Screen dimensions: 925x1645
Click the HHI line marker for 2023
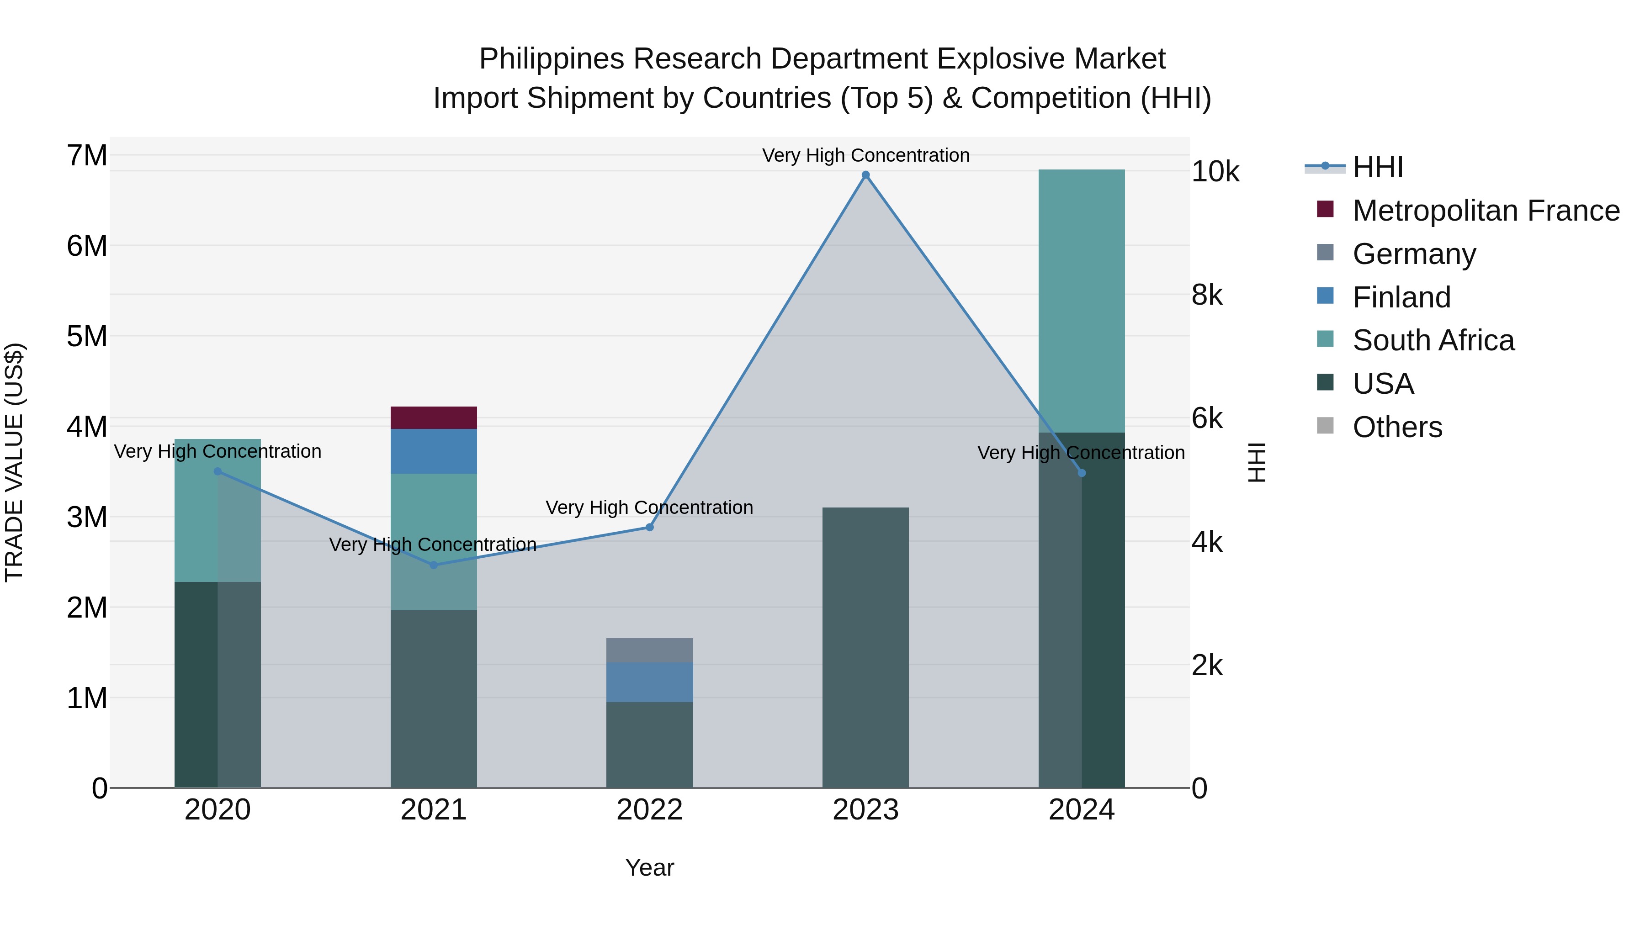(x=865, y=175)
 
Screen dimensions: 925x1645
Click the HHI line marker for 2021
(x=434, y=565)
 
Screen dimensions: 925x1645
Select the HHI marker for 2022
(x=649, y=527)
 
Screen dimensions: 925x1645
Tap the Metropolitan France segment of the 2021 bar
(x=434, y=418)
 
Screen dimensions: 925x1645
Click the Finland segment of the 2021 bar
(x=434, y=451)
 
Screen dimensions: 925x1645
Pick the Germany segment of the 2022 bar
(x=649, y=650)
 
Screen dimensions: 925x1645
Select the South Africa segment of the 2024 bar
(x=1081, y=300)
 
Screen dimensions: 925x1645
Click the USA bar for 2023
(x=865, y=647)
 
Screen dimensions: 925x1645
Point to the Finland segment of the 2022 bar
(x=649, y=682)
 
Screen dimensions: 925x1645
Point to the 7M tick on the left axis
(x=87, y=156)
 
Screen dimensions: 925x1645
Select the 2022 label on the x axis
(x=649, y=810)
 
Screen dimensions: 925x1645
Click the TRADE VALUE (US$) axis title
(x=14, y=462)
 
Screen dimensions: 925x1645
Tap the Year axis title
(x=649, y=867)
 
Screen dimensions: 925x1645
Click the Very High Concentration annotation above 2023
(x=865, y=155)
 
